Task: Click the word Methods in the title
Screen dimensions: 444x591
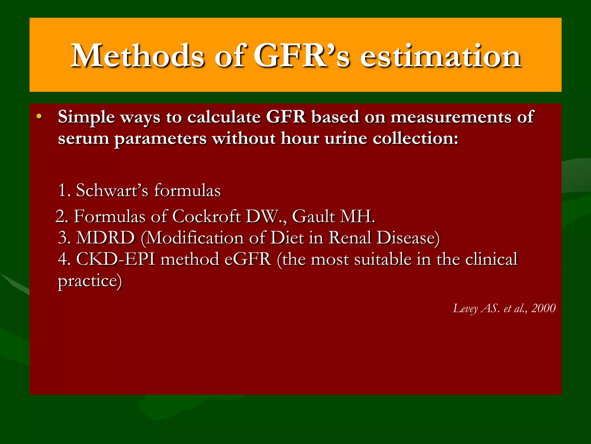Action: tap(138, 55)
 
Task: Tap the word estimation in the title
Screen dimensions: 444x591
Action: tap(440, 55)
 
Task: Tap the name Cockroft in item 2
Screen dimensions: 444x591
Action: tap(207, 216)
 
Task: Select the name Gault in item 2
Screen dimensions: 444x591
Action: tap(313, 216)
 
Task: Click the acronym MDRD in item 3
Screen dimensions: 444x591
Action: tap(105, 238)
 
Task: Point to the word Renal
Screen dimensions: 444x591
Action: tap(350, 238)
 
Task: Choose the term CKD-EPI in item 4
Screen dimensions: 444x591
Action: tap(115, 259)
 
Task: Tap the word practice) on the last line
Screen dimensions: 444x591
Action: tap(90, 281)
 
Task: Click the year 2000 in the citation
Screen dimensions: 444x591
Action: tap(543, 308)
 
